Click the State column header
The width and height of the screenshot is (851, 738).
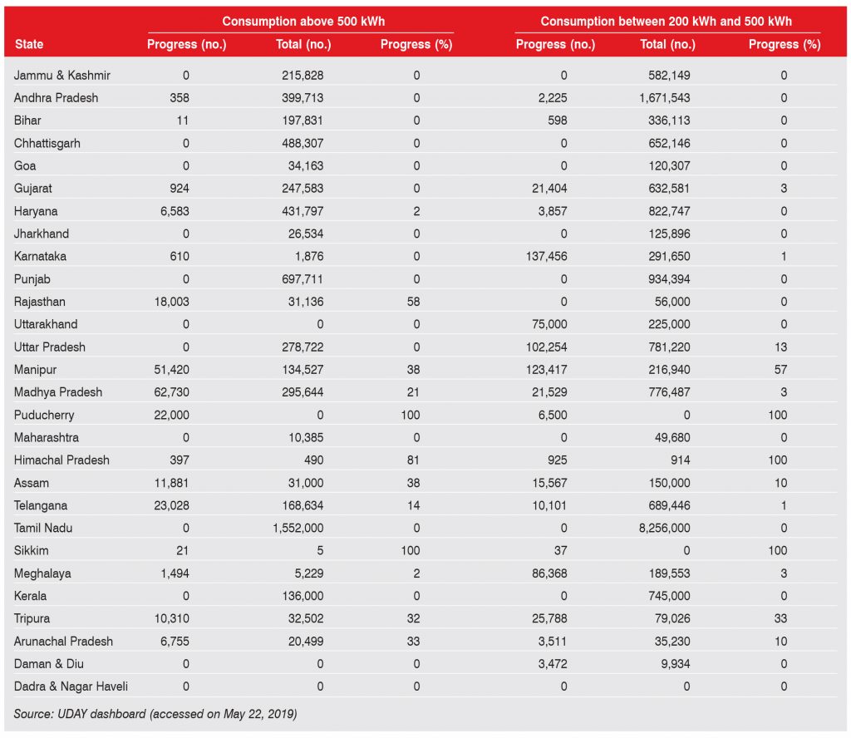point(29,44)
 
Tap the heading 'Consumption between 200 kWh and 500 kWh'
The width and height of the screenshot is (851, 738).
point(666,21)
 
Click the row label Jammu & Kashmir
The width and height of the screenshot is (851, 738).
point(62,75)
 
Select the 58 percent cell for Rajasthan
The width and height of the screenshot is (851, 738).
point(416,302)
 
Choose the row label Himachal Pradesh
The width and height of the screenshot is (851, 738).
point(61,460)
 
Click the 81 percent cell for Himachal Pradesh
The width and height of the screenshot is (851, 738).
point(416,460)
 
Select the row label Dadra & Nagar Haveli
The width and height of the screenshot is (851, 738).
point(71,686)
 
